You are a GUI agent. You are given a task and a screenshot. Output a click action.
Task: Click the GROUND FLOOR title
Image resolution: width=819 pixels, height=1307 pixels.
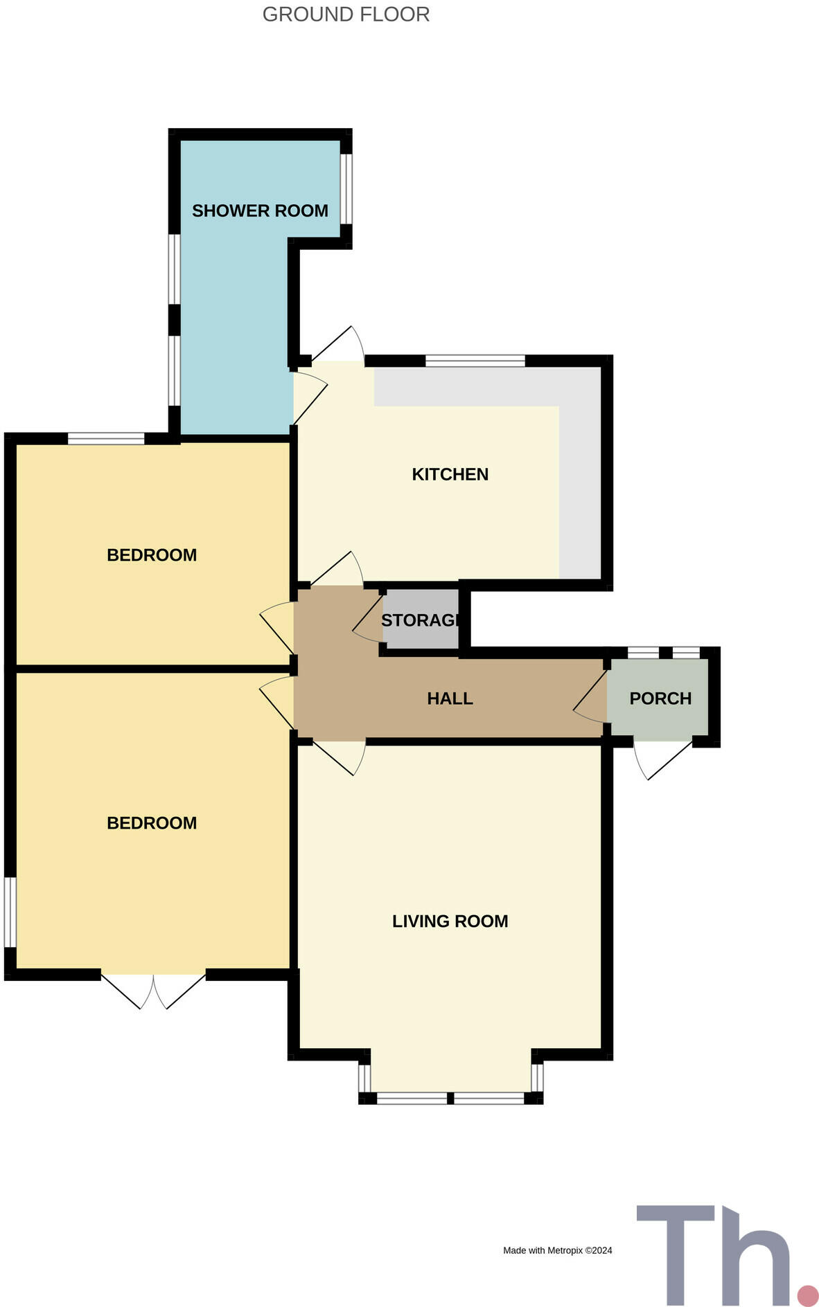pos(346,15)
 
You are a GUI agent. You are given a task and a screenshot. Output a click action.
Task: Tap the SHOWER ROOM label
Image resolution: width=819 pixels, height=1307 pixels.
pos(260,210)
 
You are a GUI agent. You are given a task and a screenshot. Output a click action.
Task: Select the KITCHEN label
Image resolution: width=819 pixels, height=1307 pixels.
pos(450,474)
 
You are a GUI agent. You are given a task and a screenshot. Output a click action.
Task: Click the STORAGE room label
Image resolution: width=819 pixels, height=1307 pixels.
pos(420,620)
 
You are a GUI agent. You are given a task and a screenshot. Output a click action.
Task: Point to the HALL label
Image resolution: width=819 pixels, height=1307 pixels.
pos(450,698)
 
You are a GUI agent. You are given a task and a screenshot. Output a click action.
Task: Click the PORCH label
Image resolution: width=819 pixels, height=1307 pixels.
pos(660,698)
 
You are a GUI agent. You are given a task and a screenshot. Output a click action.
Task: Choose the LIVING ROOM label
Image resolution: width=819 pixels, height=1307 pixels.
pos(450,921)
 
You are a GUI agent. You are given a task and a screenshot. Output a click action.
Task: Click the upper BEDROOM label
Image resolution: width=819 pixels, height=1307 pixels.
pos(152,555)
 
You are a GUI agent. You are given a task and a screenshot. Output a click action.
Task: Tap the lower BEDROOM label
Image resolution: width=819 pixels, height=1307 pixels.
pos(152,822)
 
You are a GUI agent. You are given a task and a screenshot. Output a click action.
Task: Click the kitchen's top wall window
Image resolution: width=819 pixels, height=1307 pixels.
pos(475,360)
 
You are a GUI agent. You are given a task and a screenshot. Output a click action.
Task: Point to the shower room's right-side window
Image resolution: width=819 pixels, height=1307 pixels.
pos(346,188)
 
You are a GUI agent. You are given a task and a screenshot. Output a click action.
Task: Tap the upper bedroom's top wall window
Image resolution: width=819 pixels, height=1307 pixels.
pos(105,438)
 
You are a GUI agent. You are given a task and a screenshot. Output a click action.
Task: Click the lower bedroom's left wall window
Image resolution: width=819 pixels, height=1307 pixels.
pos(10,912)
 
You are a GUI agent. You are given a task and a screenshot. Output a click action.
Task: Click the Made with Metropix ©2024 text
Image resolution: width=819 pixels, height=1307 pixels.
pos(557,1250)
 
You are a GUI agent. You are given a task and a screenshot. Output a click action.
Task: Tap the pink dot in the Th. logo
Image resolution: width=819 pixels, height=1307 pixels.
pos(807,1295)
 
